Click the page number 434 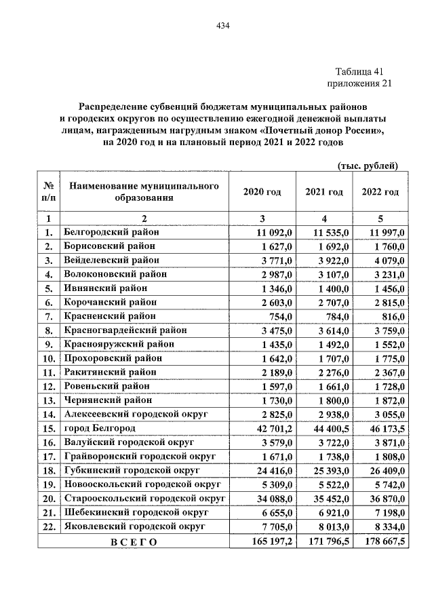click(x=224, y=26)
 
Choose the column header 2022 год click(x=380, y=192)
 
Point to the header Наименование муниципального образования click(x=143, y=192)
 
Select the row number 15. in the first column click(x=49, y=428)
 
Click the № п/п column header click(x=49, y=192)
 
